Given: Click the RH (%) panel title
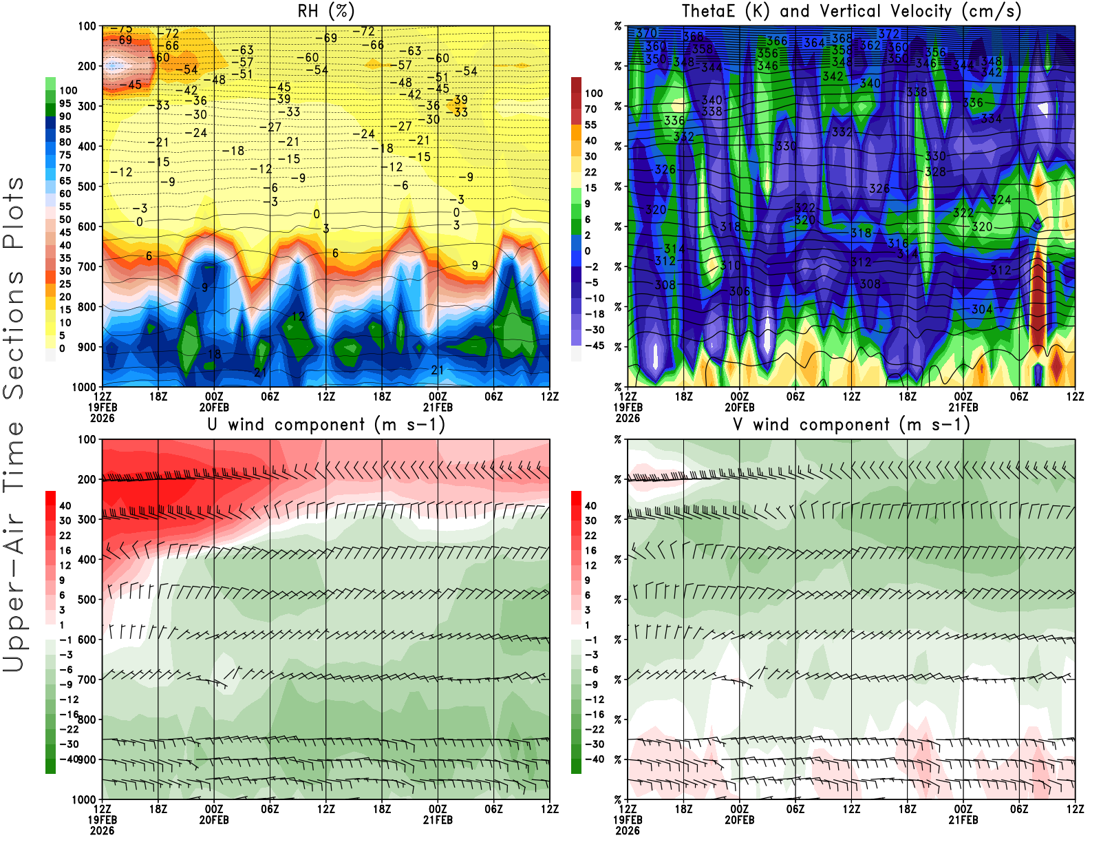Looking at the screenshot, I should [325, 11].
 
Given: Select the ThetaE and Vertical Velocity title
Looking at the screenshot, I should [851, 11].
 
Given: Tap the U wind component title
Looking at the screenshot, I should [325, 424].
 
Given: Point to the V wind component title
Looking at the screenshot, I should [851, 424].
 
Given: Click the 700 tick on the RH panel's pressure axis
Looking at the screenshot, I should [87, 266].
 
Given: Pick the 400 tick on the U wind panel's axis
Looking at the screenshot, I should [87, 559].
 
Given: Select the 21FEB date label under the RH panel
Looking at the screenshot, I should [438, 407].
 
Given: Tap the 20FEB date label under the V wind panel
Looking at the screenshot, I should [739, 820].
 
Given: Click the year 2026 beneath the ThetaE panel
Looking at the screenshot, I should [628, 418].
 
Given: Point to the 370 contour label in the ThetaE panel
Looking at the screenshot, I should [646, 33].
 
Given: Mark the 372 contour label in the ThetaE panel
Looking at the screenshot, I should [888, 34].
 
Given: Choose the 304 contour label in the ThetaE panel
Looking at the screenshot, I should [982, 309].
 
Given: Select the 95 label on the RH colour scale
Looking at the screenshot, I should [65, 103].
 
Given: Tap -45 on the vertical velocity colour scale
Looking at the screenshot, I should [595, 346].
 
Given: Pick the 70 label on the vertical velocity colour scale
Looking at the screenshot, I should [590, 109].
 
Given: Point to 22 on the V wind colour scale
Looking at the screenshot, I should [590, 536].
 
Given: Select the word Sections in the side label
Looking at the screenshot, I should [14, 334].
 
